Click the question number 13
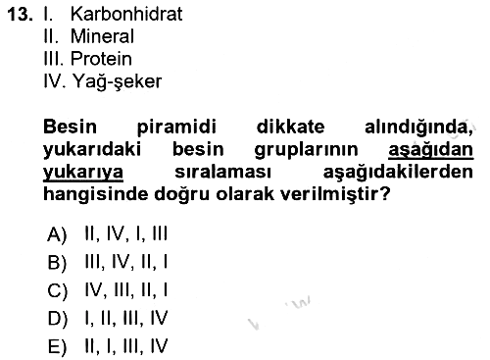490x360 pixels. [20, 15]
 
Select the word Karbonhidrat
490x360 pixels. [126, 14]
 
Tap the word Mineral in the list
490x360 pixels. [102, 36]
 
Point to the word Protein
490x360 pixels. [101, 59]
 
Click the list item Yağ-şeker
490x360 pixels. [117, 81]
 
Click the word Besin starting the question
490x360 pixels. [70, 127]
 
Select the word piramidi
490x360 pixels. [176, 128]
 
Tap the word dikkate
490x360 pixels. [290, 127]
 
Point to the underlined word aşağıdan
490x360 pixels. [431, 150]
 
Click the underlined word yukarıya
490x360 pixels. [83, 173]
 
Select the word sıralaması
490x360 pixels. [222, 172]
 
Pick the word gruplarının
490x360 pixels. [306, 150]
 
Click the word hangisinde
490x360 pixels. [95, 194]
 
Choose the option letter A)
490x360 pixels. [57, 234]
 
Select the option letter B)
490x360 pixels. [57, 262]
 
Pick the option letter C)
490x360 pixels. [57, 290]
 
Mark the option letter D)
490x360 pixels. [57, 319]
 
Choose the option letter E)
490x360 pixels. [57, 346]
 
